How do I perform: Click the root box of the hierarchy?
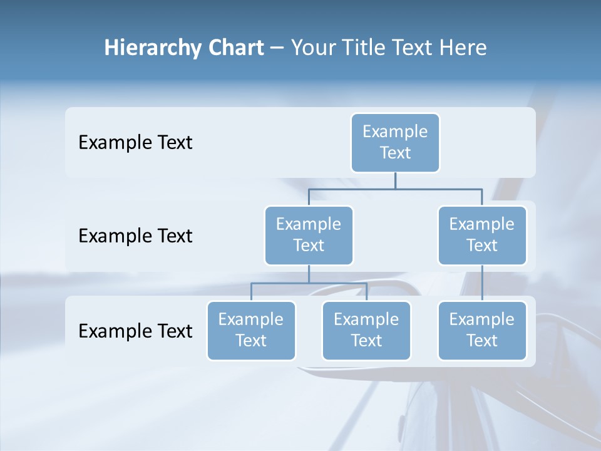click(395, 142)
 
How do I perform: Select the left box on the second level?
click(309, 235)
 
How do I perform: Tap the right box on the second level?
click(482, 235)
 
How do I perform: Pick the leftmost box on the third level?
click(251, 330)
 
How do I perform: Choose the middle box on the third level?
click(366, 330)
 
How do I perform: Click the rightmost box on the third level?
click(482, 330)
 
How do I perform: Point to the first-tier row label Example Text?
click(135, 143)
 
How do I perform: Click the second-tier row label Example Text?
click(135, 236)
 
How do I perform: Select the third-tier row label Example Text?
click(135, 331)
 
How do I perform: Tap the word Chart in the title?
click(234, 48)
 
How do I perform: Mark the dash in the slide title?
click(277, 48)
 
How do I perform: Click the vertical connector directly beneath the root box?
click(395, 180)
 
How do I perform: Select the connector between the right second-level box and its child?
click(482, 283)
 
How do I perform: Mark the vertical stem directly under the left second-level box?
click(309, 274)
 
